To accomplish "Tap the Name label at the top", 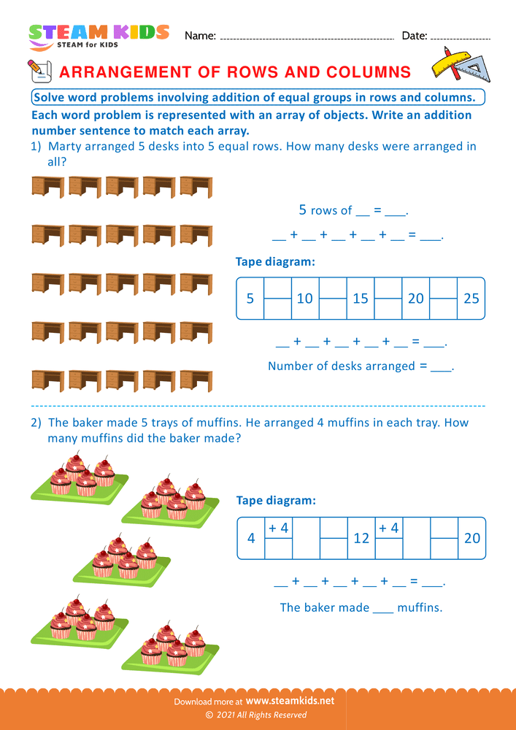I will pos(200,35).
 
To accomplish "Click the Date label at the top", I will pos(414,35).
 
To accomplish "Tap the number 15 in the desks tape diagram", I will pos(361,298).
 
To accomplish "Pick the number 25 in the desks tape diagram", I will pos(471,298).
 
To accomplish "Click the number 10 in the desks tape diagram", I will pos(304,298).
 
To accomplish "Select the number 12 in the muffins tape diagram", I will pos(361,538).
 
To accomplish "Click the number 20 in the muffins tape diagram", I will pos(472,538).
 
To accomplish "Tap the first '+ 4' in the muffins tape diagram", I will pos(278,528).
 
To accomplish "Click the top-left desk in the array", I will pos(48,187).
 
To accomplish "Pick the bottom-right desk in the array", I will pos(196,380).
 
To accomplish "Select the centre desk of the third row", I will pos(122,284).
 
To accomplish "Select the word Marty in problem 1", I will pos(65,146).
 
